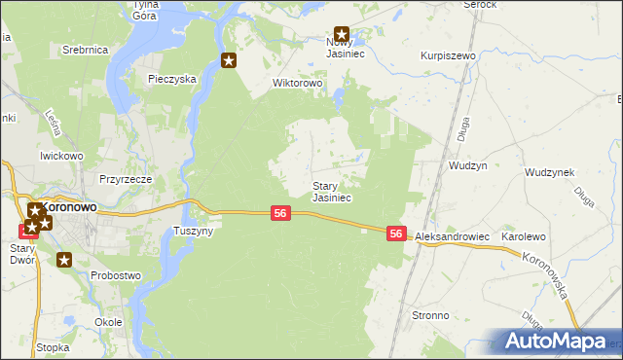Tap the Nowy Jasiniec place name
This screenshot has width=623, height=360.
(x=343, y=48)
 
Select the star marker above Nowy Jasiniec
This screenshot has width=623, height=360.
(x=341, y=33)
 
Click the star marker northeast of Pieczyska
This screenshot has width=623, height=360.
(x=230, y=61)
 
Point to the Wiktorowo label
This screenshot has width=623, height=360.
(x=297, y=83)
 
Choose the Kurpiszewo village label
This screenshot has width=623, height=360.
(x=448, y=55)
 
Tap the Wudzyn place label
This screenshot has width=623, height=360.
(x=467, y=165)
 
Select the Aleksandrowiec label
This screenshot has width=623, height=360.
(x=452, y=237)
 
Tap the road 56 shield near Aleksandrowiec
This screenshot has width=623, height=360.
(x=395, y=234)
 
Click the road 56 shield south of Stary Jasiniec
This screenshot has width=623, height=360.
(x=279, y=213)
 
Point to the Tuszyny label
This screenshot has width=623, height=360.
(x=193, y=231)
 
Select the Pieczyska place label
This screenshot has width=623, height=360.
(x=172, y=79)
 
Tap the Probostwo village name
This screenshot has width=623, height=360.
(x=116, y=275)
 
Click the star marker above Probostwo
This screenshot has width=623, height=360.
(x=64, y=260)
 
